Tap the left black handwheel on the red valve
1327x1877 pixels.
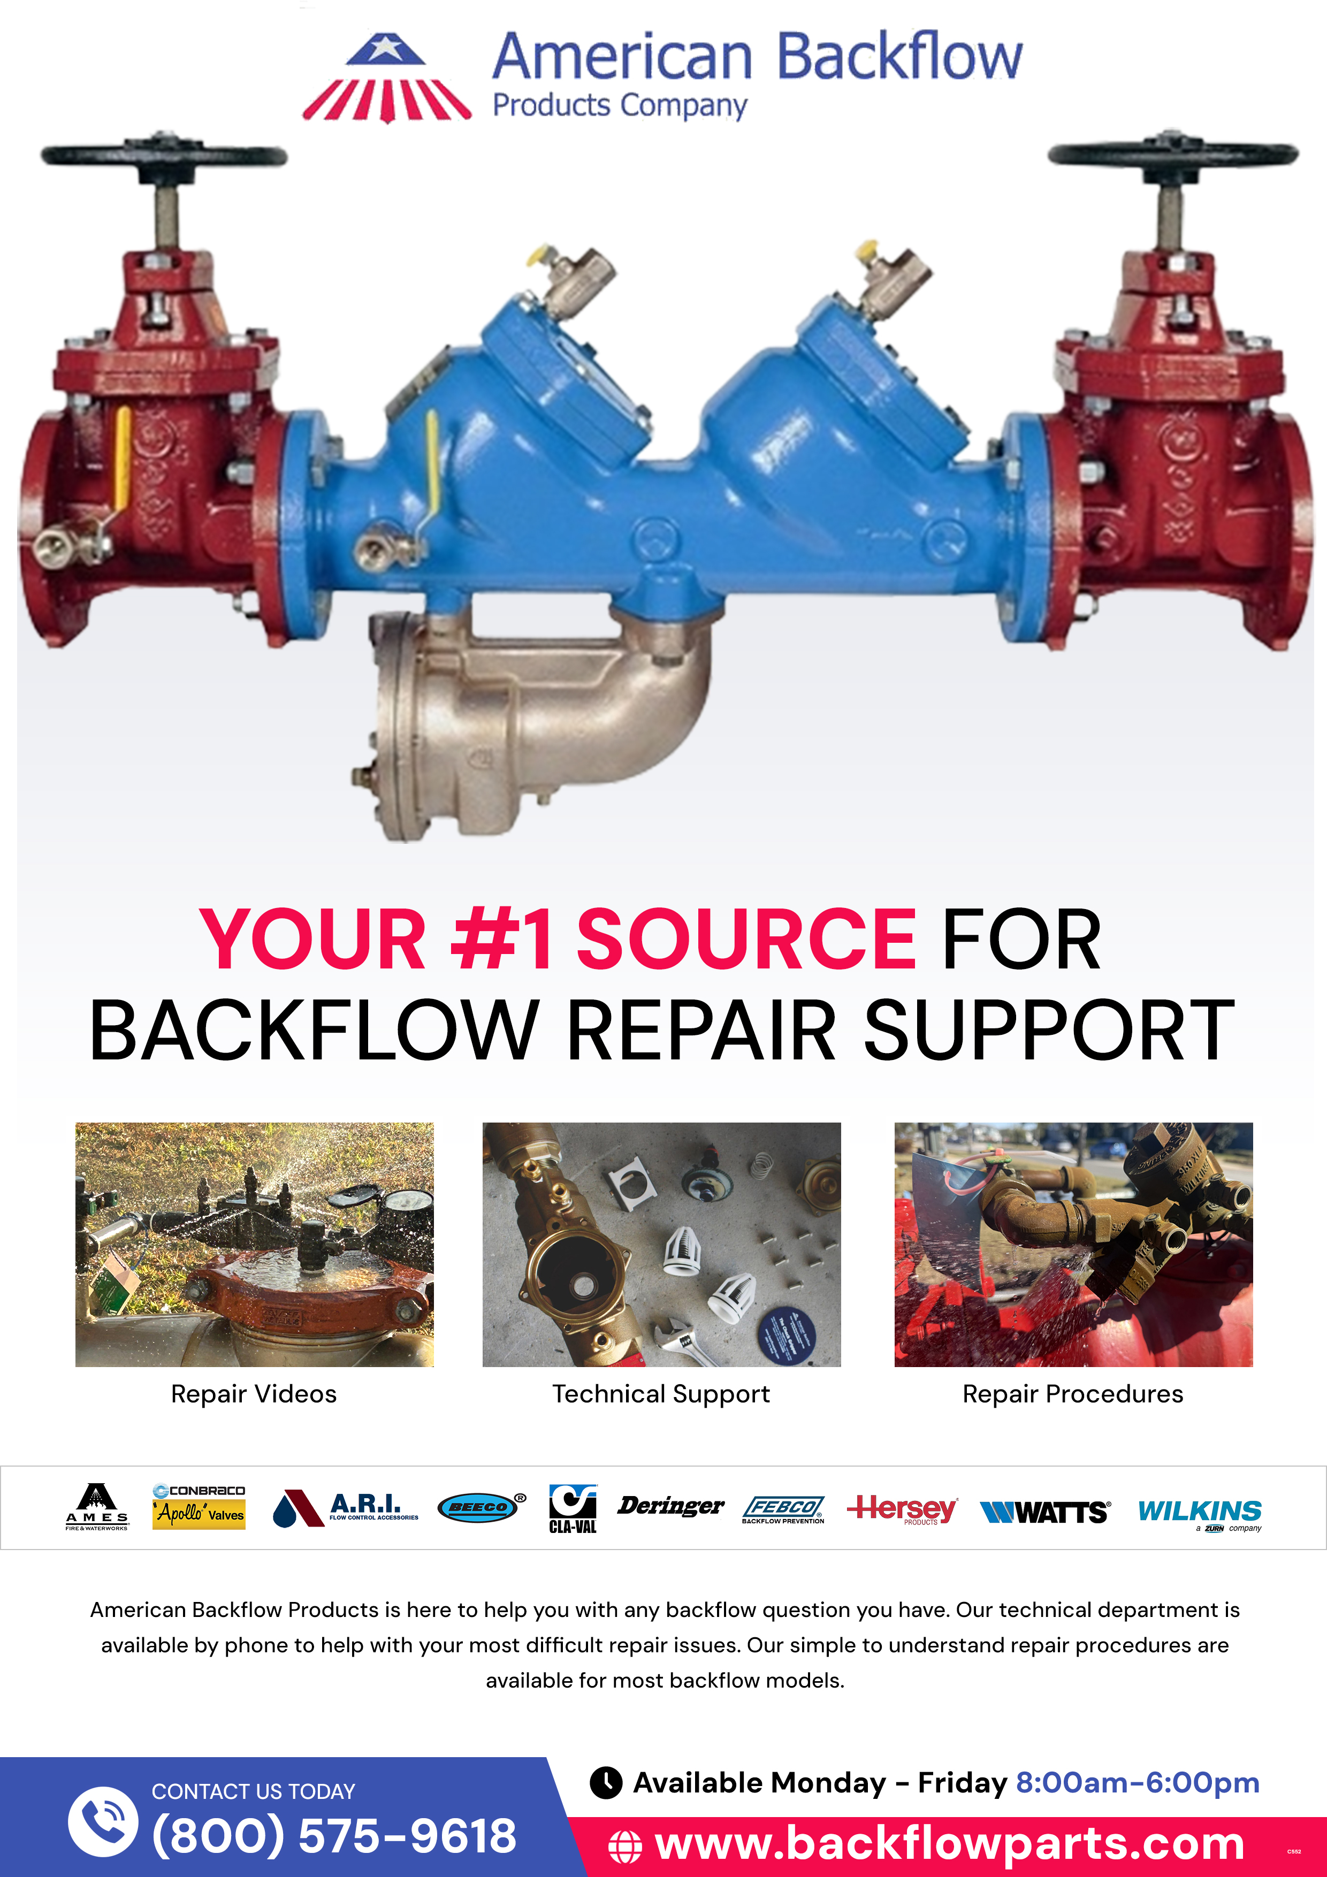(x=164, y=155)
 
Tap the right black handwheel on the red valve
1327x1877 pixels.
(x=1172, y=154)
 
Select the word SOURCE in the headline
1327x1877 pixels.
(x=746, y=940)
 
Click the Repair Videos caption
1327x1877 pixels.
(x=254, y=1394)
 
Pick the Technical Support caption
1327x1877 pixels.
(x=661, y=1394)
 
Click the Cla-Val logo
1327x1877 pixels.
(x=573, y=1508)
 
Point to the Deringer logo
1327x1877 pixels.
(x=670, y=1506)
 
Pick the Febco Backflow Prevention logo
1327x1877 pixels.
(x=783, y=1509)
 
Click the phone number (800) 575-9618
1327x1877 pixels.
(x=333, y=1835)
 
